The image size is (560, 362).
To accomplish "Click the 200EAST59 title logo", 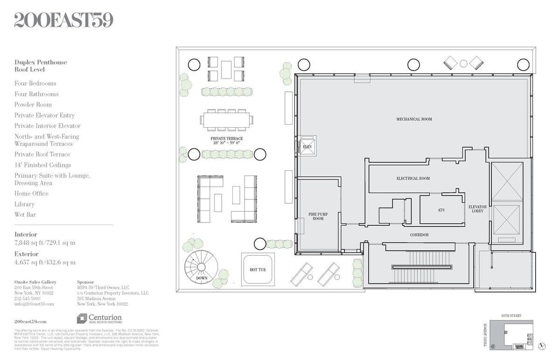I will point(63,20).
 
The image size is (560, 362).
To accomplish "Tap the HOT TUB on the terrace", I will point(258,269).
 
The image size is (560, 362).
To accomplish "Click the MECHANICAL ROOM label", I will point(414,119).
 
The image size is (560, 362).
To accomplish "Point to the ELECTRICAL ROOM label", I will point(413,178).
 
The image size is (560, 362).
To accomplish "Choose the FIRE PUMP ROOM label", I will point(318,216).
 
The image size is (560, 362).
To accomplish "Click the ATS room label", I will point(441,210).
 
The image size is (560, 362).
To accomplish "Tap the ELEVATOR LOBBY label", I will point(477,209).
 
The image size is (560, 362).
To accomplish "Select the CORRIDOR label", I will point(419,235).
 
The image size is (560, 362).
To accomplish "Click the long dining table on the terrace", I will point(227,120).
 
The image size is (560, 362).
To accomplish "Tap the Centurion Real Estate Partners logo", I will point(99,319).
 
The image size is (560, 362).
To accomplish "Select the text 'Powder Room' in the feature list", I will point(33,104).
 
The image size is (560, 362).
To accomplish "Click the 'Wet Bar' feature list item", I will point(25,215).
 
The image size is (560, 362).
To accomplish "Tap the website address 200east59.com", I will point(30,321).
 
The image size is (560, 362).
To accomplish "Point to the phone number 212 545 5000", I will point(27,298).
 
